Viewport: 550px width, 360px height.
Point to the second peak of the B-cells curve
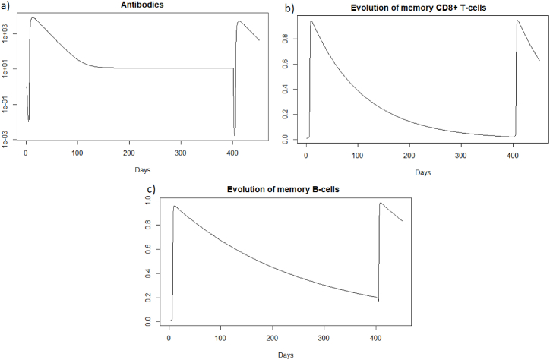point(380,203)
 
